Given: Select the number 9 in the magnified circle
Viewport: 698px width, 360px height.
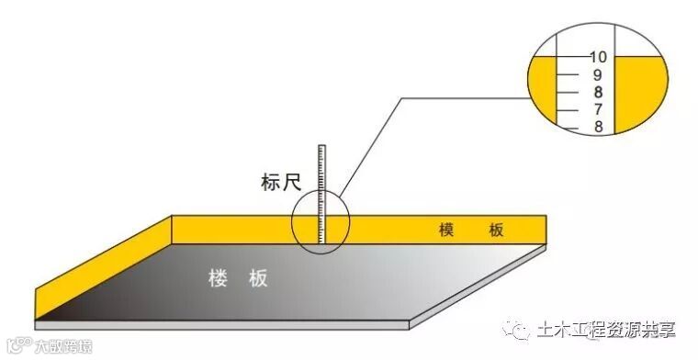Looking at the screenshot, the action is click(x=598, y=74).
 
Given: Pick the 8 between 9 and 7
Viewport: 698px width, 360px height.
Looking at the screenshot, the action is click(x=598, y=92).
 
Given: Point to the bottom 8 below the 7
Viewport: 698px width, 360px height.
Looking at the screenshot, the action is click(x=598, y=127).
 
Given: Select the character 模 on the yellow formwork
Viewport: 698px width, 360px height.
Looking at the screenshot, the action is click(x=447, y=230).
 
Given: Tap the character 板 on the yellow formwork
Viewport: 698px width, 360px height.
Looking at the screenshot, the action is click(x=496, y=230).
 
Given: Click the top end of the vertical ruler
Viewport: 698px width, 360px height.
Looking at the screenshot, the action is click(x=322, y=146).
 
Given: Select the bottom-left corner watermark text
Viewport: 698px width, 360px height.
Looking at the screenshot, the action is click(x=51, y=347).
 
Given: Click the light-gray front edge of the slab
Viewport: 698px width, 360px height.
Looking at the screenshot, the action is click(x=220, y=325).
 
